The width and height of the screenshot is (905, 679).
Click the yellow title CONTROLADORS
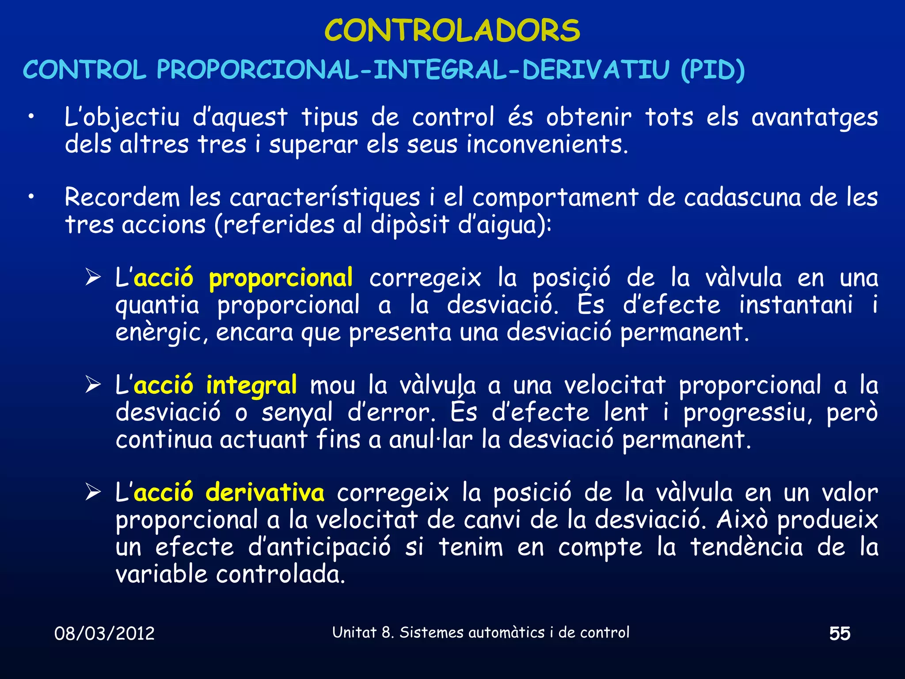pyautogui.click(x=452, y=31)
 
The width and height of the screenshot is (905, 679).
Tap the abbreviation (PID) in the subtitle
pyautogui.click(x=712, y=70)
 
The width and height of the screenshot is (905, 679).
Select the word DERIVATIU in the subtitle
pyautogui.click(x=596, y=70)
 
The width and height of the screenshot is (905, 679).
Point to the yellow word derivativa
pyautogui.click(x=265, y=492)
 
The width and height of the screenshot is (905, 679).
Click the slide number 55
pyautogui.click(x=840, y=633)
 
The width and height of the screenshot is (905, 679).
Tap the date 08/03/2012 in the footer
pyautogui.click(x=104, y=633)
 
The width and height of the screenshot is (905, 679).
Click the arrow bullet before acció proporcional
pyautogui.click(x=93, y=278)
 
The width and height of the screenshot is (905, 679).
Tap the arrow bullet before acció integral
pyautogui.click(x=93, y=385)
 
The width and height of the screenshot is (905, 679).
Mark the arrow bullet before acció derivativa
pyautogui.click(x=93, y=492)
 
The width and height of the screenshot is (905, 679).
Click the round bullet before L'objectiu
pyautogui.click(x=30, y=117)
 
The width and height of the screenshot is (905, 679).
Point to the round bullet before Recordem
pyautogui.click(x=30, y=198)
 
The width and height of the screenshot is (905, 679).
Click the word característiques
pyautogui.click(x=325, y=198)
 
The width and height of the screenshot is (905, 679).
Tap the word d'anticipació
pyautogui.click(x=319, y=547)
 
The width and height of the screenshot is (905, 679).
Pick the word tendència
pyautogui.click(x=747, y=547)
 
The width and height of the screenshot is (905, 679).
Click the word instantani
pyautogui.click(x=796, y=305)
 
